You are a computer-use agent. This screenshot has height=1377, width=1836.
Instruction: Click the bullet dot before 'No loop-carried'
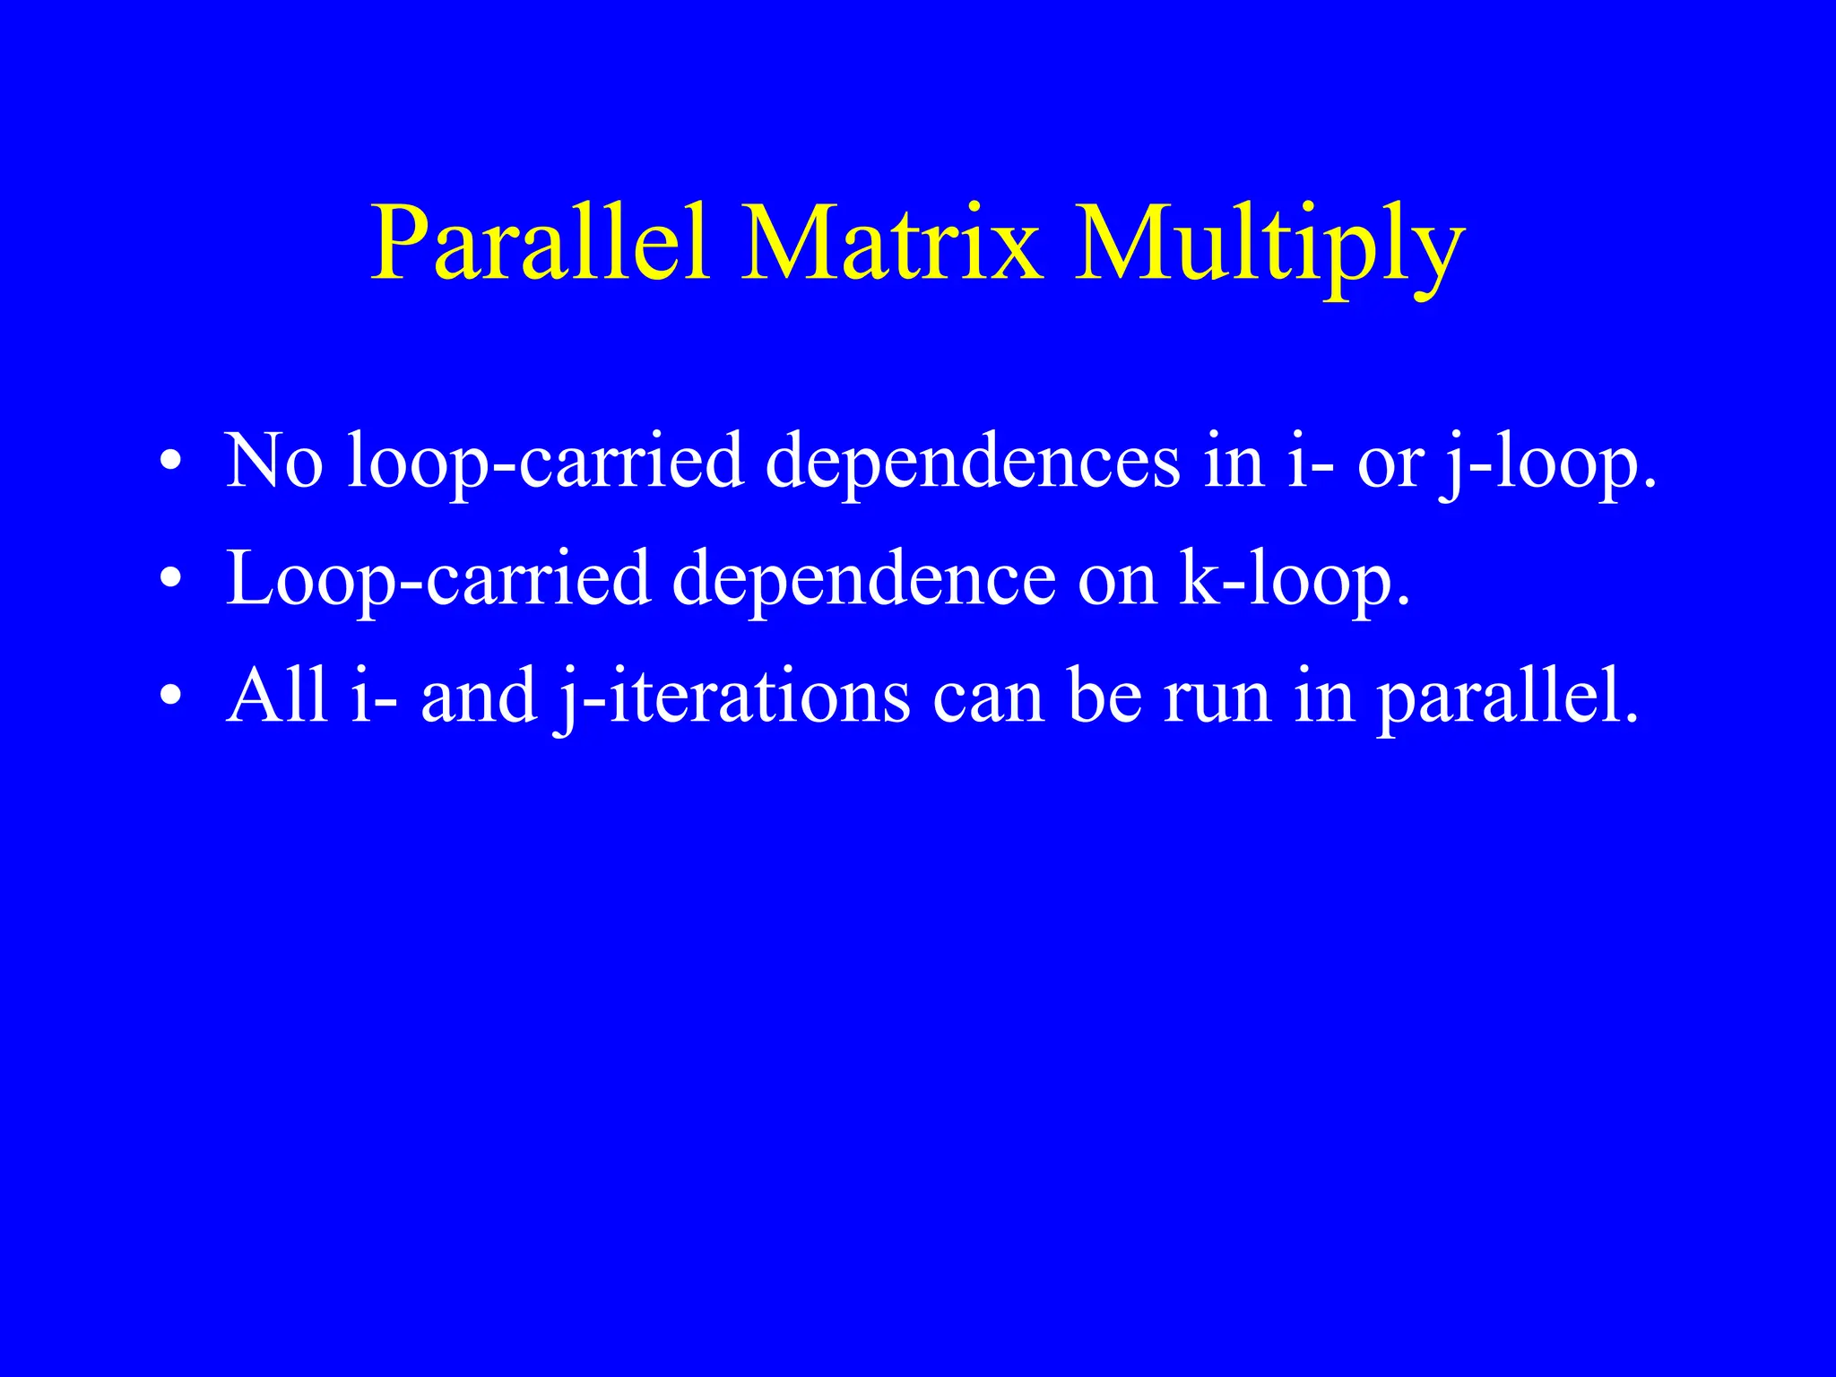click(171, 463)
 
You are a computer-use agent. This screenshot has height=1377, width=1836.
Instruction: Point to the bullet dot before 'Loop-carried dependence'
click(171, 580)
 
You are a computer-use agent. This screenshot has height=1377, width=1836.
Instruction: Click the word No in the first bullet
click(273, 461)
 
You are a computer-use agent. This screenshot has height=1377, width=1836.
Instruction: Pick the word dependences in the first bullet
click(973, 463)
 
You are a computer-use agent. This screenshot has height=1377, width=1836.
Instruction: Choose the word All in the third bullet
click(277, 696)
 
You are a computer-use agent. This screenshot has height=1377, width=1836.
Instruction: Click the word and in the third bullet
click(478, 697)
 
